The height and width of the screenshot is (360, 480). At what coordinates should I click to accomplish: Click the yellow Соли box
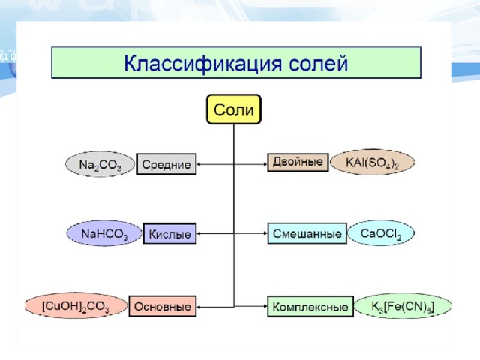234,109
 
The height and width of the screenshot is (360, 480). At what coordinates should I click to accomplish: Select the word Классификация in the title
202,63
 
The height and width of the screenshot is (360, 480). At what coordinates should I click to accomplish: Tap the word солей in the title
318,63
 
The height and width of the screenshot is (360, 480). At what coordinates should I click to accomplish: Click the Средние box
166,164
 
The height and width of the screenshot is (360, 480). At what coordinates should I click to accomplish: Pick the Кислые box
169,233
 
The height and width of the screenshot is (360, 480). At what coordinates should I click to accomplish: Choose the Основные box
163,306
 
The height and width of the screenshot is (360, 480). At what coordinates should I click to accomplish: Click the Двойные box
298,162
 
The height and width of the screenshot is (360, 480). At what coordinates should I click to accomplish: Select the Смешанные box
307,233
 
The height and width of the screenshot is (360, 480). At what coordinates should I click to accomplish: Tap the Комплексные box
310,307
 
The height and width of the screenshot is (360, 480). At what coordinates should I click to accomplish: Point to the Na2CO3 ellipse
100,164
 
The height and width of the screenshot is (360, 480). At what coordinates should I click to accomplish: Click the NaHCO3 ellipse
104,233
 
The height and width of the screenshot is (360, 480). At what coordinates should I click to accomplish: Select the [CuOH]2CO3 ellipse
76,305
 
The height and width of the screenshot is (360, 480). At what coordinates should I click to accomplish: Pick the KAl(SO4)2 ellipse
372,162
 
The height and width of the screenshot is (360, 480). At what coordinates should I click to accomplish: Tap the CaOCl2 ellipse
381,233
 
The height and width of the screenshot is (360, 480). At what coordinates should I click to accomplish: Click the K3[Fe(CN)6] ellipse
403,305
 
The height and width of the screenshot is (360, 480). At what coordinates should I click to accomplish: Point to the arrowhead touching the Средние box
198,164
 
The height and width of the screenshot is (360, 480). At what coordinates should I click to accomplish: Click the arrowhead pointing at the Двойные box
265,164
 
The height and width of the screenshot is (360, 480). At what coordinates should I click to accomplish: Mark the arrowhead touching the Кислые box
198,233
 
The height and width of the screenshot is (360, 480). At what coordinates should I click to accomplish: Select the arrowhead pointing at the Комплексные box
265,306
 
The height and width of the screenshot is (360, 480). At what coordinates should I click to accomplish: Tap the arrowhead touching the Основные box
198,307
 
